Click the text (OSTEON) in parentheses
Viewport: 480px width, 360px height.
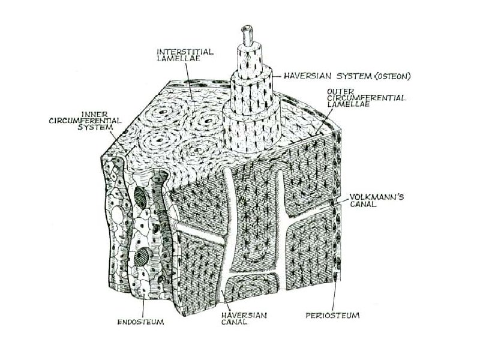coord(379,76)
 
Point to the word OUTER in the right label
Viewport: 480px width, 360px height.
coord(335,91)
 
